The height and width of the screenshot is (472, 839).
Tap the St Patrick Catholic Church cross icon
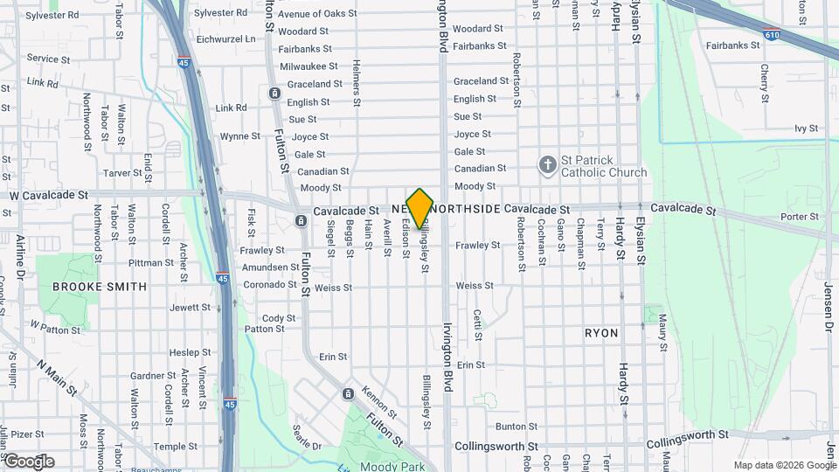pos(547,164)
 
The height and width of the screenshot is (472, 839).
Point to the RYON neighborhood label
pos(600,333)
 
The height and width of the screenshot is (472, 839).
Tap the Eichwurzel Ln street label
pos(226,39)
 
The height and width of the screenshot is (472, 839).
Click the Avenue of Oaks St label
pos(317,14)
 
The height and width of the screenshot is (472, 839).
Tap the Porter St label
pos(800,217)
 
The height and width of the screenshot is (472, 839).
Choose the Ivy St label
pos(805,128)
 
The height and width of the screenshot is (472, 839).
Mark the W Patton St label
pos(55,327)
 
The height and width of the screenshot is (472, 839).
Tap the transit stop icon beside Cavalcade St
pos(300,221)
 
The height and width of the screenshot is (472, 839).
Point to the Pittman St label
pos(151,262)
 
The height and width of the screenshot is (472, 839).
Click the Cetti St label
pos(478,321)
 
